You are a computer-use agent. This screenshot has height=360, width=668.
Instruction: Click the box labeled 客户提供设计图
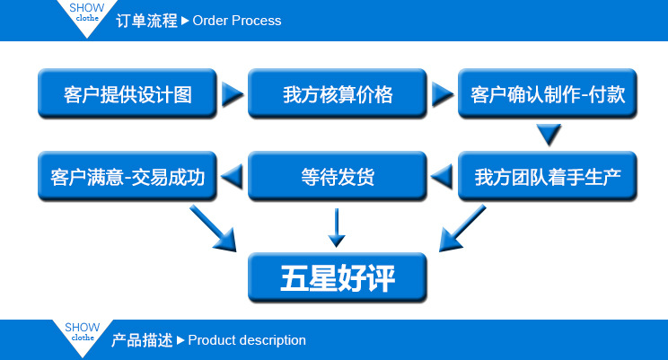(127, 93)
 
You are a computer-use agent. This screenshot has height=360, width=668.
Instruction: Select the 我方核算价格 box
(338, 93)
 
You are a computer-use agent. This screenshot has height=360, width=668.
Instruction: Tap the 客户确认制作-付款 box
(548, 93)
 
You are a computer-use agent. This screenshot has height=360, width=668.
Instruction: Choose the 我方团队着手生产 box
(548, 176)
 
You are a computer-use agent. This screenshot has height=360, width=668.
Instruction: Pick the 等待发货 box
(338, 176)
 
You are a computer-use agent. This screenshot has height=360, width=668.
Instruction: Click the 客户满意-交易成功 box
(127, 176)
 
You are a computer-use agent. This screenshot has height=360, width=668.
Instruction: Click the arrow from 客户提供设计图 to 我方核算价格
(233, 93)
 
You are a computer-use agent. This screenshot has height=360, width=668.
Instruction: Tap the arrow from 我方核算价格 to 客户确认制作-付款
(443, 93)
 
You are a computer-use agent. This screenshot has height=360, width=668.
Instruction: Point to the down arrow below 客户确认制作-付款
(549, 135)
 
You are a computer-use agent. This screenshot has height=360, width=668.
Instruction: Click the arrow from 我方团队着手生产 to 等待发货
(443, 176)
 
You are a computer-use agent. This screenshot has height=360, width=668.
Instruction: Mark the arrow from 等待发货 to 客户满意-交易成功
(233, 176)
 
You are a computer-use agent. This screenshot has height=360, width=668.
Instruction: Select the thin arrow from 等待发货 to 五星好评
(337, 227)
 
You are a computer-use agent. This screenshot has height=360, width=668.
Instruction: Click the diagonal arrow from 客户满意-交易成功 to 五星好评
(213, 228)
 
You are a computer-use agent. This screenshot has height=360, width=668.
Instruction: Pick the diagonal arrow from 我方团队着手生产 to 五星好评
(461, 228)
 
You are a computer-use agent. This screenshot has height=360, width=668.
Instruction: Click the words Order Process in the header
(237, 21)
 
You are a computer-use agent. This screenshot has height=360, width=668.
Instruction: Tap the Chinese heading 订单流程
(146, 21)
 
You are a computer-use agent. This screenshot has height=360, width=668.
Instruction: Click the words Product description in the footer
(247, 340)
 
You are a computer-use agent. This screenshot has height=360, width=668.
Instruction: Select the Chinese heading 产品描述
(142, 340)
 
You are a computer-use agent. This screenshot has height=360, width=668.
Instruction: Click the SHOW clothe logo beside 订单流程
(86, 14)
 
